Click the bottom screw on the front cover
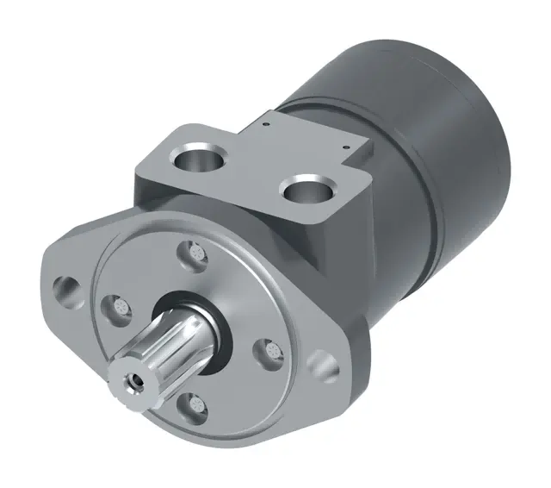[196, 403]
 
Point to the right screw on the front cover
[270, 351]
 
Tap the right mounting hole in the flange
[322, 360]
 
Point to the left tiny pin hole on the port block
[269, 123]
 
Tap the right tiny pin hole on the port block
[346, 147]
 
